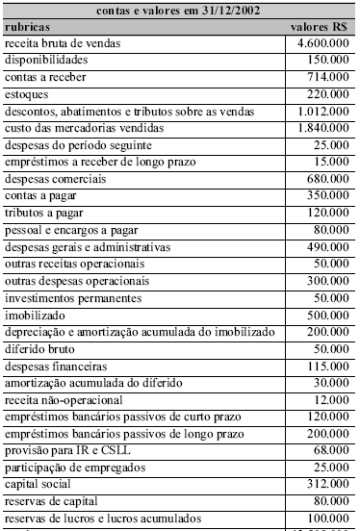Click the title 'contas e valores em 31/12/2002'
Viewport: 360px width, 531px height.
click(x=178, y=12)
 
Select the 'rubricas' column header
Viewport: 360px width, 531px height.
click(x=29, y=28)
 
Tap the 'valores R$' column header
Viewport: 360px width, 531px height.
click(x=319, y=28)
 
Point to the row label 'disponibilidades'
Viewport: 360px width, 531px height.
click(x=46, y=61)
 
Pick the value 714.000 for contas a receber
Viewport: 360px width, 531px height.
click(x=328, y=78)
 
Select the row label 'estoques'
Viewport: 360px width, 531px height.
click(x=27, y=94)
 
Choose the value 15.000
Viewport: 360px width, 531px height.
click(x=331, y=162)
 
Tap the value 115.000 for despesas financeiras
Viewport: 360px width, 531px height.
click(x=328, y=366)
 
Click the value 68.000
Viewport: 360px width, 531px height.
click(x=331, y=450)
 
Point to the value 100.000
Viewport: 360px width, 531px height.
click(x=328, y=518)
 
